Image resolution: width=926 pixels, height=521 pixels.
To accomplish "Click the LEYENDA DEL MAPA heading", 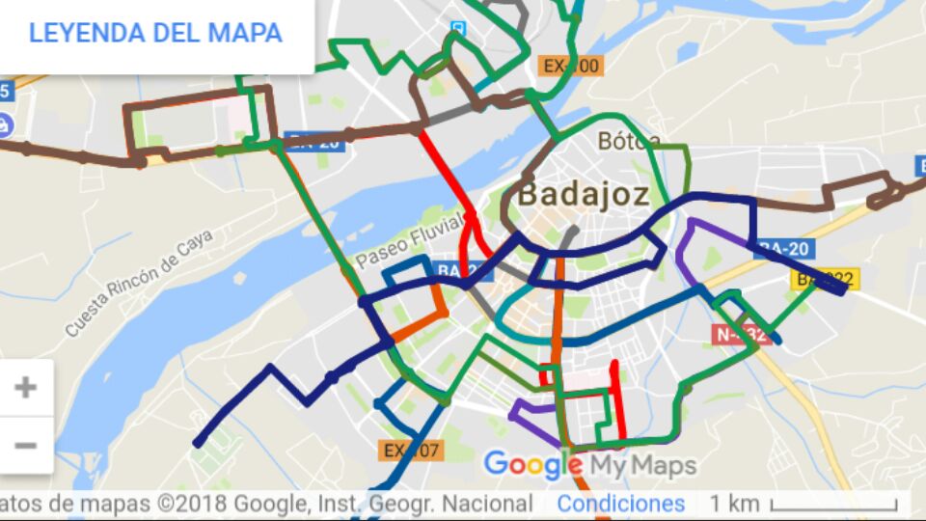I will point(155,33).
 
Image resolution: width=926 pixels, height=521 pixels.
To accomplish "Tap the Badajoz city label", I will point(583,194).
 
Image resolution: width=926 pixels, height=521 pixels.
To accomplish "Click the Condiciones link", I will point(620,503).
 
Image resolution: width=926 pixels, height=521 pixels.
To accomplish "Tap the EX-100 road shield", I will point(570,67).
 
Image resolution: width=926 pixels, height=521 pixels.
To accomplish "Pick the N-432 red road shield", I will point(742,335).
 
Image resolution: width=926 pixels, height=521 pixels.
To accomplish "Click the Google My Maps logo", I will point(589,466).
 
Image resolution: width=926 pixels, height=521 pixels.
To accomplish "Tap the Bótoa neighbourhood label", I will point(629,142).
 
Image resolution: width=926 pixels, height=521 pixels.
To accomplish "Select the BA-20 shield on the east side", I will point(785,249).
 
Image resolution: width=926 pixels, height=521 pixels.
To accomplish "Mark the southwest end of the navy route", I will point(199,444).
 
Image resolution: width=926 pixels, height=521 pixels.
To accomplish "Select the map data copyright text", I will point(265,503).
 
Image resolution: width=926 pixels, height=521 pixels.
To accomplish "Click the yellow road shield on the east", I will point(825,280).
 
